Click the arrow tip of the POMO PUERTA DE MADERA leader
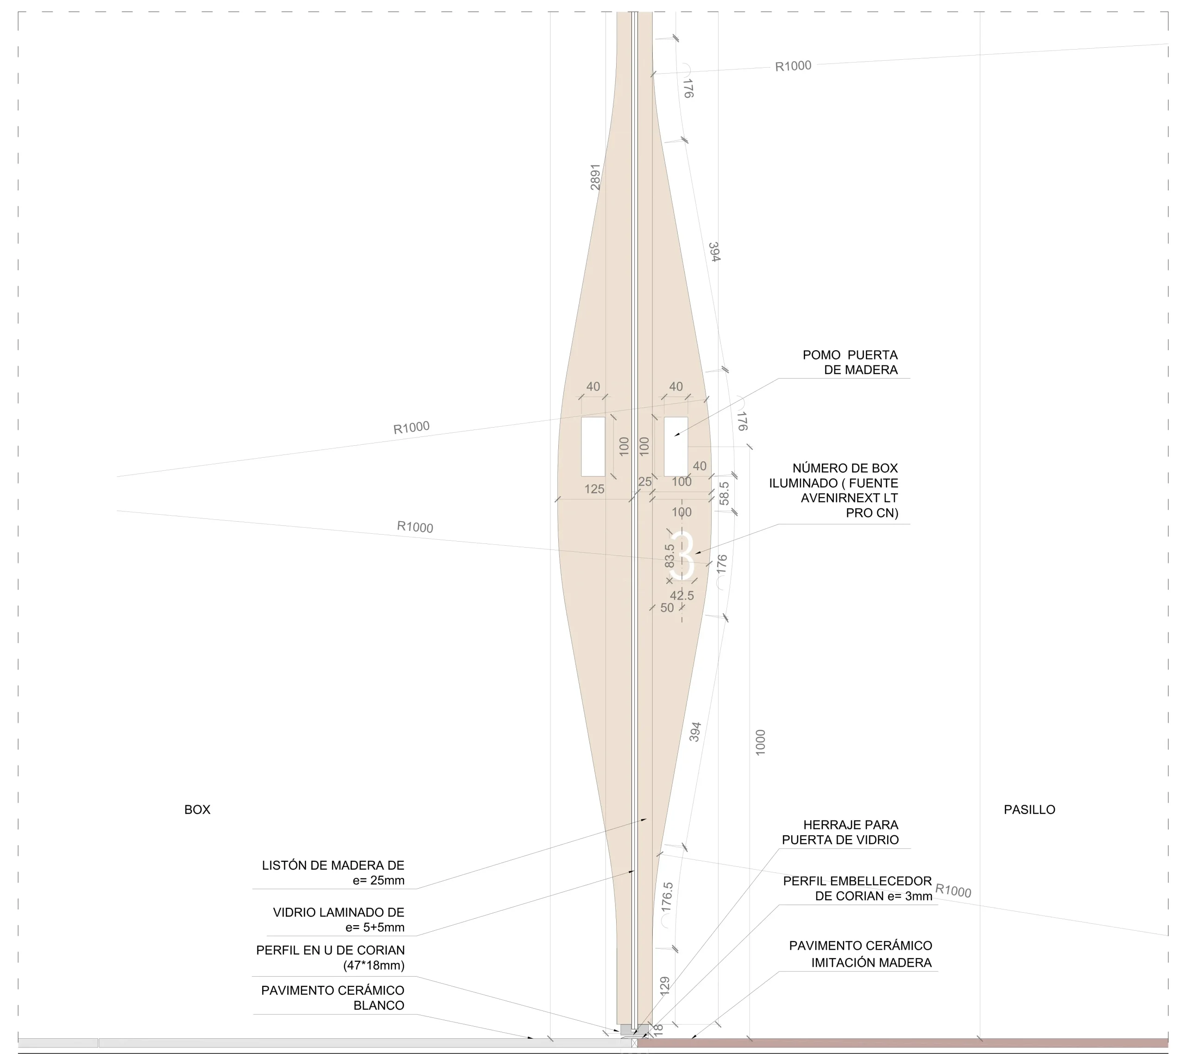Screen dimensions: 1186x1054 [x=674, y=436]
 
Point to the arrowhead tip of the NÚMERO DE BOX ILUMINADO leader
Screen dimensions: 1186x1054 [x=694, y=554]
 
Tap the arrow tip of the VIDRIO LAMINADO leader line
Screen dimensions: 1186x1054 [x=635, y=871]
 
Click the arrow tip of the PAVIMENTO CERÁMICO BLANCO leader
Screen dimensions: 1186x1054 [x=534, y=1038]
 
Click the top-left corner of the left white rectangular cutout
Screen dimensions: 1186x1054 [x=581, y=417]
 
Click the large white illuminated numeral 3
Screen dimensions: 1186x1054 [x=682, y=556]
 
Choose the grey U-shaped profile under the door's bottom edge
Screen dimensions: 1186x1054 [x=634, y=1029]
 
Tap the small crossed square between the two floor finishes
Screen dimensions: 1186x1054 [x=634, y=1043]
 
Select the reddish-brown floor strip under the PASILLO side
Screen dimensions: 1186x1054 [x=903, y=1043]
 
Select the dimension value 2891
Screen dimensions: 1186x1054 [x=595, y=177]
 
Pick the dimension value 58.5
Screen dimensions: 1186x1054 [x=724, y=493]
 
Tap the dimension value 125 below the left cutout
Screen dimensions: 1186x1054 [x=594, y=489]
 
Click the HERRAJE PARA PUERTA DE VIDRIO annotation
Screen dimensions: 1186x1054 [x=840, y=832]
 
